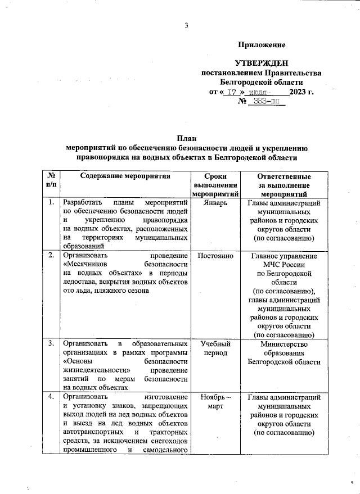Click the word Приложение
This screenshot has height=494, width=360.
click(x=262, y=44)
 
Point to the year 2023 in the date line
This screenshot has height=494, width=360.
click(x=301, y=92)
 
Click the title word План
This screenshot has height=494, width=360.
click(x=186, y=139)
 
